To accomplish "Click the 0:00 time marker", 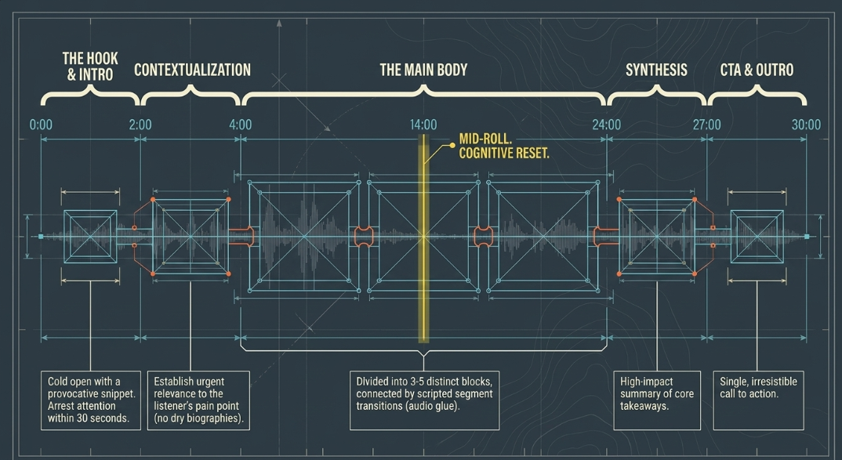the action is [41, 125].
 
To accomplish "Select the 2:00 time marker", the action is [140, 125].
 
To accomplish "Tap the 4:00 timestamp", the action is [240, 125].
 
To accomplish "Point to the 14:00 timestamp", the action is [423, 125].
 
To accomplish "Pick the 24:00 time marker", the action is [606, 125].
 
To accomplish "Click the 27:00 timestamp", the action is [706, 125].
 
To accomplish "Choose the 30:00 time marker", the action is [806, 125].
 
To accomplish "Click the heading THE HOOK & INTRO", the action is [90, 67].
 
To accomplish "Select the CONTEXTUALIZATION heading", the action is [192, 70].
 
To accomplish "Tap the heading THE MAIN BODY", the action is [423, 70].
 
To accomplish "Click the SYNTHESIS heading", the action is [656, 70].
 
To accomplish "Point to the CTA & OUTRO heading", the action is [757, 70].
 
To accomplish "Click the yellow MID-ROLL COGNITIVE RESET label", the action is [503, 147].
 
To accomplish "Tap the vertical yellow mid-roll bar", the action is [423, 238].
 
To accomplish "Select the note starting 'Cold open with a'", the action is [91, 400].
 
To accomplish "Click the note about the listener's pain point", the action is [198, 400].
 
